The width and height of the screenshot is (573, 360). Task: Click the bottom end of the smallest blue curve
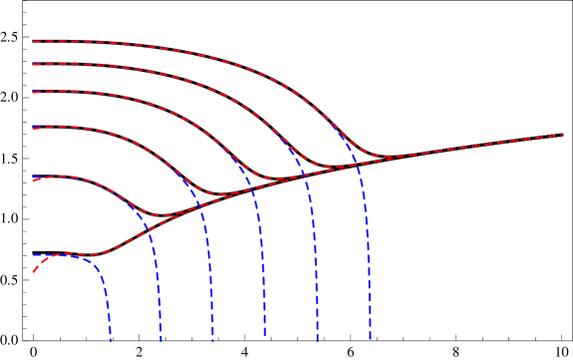111,341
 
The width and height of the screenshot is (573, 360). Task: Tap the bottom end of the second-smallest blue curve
161,341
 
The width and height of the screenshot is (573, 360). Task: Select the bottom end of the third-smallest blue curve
213,341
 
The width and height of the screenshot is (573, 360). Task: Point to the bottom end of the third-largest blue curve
265,337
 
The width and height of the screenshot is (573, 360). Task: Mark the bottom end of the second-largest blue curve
318,341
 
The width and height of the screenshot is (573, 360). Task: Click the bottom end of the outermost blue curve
371,341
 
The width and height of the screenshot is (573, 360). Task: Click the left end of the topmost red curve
33,42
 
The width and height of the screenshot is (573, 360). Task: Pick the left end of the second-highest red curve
33,65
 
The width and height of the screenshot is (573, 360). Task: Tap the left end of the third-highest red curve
33,93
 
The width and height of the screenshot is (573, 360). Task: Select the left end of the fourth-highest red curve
33,129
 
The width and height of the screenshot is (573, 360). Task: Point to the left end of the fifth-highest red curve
33,180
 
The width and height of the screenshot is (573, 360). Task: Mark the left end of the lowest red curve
33,271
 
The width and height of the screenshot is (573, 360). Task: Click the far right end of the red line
563,135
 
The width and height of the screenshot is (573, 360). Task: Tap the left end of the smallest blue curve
33,255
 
